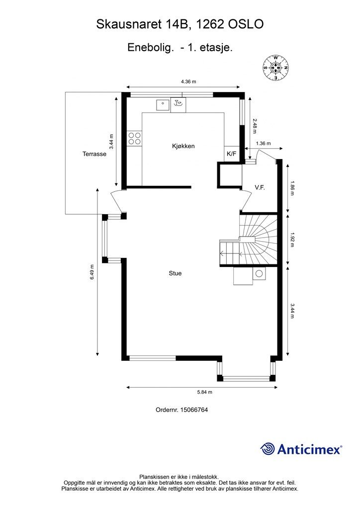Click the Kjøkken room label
tap(183, 146)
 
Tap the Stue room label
tap(175, 273)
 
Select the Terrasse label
tap(94, 154)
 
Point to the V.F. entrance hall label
tap(260, 187)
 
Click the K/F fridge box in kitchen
tap(232, 154)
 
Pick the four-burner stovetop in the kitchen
tap(134, 138)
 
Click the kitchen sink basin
tap(163, 104)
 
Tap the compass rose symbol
tap(275, 68)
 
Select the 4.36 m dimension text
tap(188, 82)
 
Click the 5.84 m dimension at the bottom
tap(204, 392)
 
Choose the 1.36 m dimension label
tap(263, 144)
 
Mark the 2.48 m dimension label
tap(255, 126)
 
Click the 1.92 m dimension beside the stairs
tap(292, 240)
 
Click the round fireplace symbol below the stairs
tap(259, 274)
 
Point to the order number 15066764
tap(194, 410)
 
